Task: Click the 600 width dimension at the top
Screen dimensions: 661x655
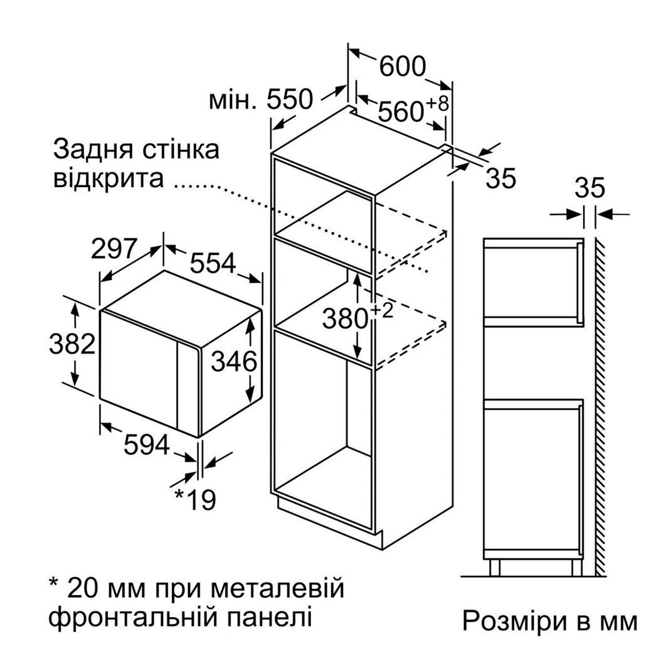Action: [x=403, y=67]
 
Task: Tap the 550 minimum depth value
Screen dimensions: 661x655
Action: [x=290, y=100]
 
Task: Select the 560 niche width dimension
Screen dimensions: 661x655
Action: [x=401, y=111]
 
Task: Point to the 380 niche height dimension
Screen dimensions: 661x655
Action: [x=346, y=318]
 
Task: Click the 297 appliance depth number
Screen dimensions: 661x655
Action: [x=114, y=249]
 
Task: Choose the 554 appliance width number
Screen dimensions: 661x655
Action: [x=213, y=263]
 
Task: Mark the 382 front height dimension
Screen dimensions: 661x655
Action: [x=72, y=344]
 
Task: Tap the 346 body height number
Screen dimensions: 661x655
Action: [x=234, y=362]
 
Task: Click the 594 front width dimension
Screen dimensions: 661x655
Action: [x=147, y=445]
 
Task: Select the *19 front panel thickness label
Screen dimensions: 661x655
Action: [x=195, y=499]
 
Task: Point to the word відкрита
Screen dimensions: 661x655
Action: [x=108, y=178]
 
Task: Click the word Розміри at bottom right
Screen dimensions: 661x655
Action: [x=514, y=620]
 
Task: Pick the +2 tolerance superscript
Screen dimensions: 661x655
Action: [x=382, y=311]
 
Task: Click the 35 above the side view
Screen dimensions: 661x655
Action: [x=590, y=188]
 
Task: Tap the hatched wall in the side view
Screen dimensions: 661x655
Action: [x=600, y=406]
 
